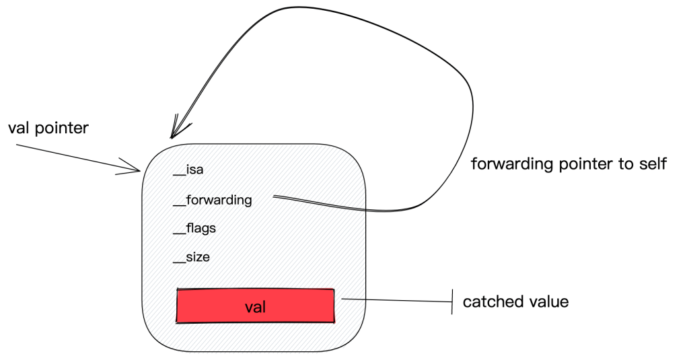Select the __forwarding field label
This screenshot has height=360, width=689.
(213, 201)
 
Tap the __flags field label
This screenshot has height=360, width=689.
(194, 229)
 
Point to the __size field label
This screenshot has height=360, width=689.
(192, 258)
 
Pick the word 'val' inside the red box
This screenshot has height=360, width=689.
(255, 308)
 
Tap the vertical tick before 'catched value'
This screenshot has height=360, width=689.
(453, 301)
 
